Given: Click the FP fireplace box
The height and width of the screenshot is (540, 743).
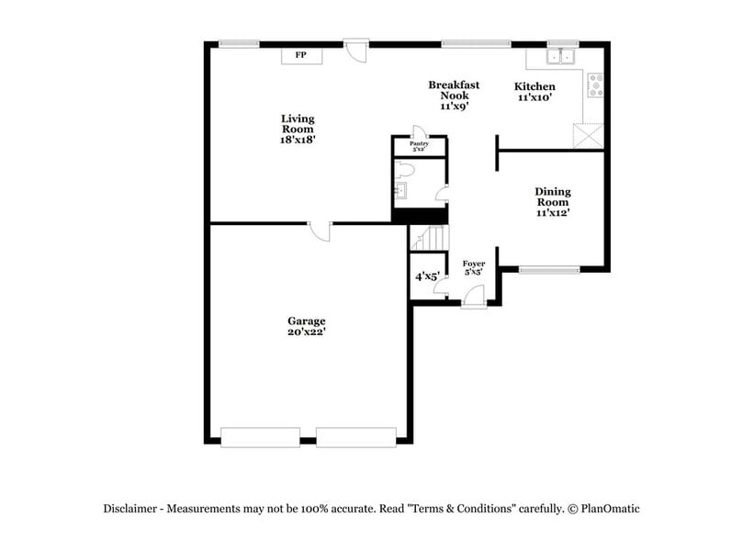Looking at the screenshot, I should point(300,56).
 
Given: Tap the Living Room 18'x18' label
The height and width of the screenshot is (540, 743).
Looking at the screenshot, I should point(298,129).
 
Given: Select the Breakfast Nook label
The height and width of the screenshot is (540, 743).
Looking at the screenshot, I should point(454,95).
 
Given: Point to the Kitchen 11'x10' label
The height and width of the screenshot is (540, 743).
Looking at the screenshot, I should point(534,92).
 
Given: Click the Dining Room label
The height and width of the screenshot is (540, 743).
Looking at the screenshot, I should point(553,202).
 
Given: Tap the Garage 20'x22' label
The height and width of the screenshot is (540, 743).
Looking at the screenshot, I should point(306,327).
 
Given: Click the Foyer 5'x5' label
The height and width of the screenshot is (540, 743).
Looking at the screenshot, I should point(473,267).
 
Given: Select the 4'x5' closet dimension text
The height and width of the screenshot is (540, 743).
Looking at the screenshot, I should point(426,276).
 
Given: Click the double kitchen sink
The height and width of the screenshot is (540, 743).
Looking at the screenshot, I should point(559,58).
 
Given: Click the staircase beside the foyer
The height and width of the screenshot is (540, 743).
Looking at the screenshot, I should point(427,239).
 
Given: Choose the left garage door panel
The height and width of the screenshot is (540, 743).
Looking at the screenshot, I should point(260,436).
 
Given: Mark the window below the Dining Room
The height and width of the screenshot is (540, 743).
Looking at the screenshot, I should point(549,270).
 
